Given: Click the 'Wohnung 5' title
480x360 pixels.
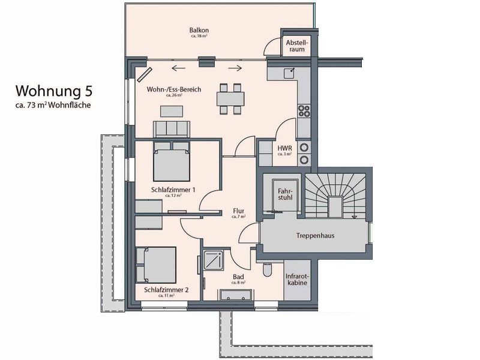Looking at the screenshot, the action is [54, 91].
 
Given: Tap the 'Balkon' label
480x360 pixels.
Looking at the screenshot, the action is [199, 31].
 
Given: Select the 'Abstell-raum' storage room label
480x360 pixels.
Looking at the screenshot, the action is [296, 46].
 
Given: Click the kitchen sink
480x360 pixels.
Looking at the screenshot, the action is [289, 73].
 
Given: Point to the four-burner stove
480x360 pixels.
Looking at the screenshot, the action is [304, 111].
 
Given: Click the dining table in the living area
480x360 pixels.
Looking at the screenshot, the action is [230, 99].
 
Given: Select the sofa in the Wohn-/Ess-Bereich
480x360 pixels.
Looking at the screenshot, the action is [172, 129].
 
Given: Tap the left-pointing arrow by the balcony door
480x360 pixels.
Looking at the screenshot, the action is [178, 68].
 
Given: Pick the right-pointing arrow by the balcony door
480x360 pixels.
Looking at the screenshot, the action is [235, 68].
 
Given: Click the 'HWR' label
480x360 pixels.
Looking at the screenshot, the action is [284, 148].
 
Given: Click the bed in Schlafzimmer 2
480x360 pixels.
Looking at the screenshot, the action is [156, 265].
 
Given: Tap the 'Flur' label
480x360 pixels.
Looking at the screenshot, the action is [238, 211].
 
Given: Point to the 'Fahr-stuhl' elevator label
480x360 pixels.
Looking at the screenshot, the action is [285, 194].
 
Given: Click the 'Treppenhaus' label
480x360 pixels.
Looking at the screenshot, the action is [316, 236].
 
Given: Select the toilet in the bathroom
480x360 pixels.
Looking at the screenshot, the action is [267, 269].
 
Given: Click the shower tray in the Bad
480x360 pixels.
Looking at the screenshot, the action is [214, 260].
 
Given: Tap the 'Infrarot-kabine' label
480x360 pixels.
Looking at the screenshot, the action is [296, 280].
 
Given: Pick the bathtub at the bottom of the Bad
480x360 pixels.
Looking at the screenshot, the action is [236, 295].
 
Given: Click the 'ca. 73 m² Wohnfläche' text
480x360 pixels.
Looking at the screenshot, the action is [53, 105].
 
